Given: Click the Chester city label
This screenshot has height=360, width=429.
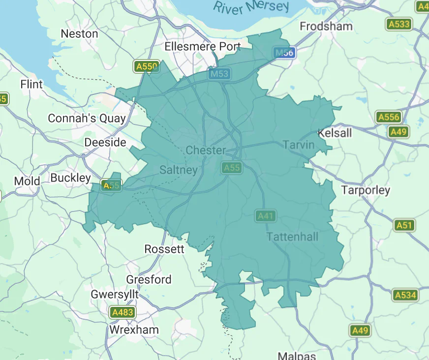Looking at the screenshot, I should coord(206,150).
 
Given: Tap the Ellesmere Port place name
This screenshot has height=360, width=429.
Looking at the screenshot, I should coord(203,47).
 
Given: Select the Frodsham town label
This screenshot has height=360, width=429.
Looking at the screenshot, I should coord(326,26).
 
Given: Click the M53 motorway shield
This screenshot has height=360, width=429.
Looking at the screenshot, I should coord(219,74).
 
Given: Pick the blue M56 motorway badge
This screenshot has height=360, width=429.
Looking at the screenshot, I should coord(285,53).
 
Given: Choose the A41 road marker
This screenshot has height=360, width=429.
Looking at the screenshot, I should coord(266,215).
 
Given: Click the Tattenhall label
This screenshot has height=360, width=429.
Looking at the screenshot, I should coord(292,237).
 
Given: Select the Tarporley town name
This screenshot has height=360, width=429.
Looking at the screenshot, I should coord(366,190).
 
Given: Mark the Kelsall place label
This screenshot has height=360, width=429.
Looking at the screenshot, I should coord(335,133).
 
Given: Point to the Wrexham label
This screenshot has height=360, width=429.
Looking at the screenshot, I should coord(134,330).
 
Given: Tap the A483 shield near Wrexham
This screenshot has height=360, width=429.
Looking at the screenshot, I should coord(122,312).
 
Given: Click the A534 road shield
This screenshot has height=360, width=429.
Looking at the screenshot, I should coord(405,295).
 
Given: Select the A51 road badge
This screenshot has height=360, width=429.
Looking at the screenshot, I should coord(404,225).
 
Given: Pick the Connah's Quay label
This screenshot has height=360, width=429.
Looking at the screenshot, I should coord(87,119).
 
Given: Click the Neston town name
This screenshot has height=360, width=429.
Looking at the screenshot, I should coord(79,34).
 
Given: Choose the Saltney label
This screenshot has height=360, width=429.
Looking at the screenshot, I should coord(179,170).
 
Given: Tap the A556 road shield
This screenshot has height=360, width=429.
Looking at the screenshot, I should coord(389,117).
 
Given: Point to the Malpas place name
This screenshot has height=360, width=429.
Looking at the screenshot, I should coord(296,356).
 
